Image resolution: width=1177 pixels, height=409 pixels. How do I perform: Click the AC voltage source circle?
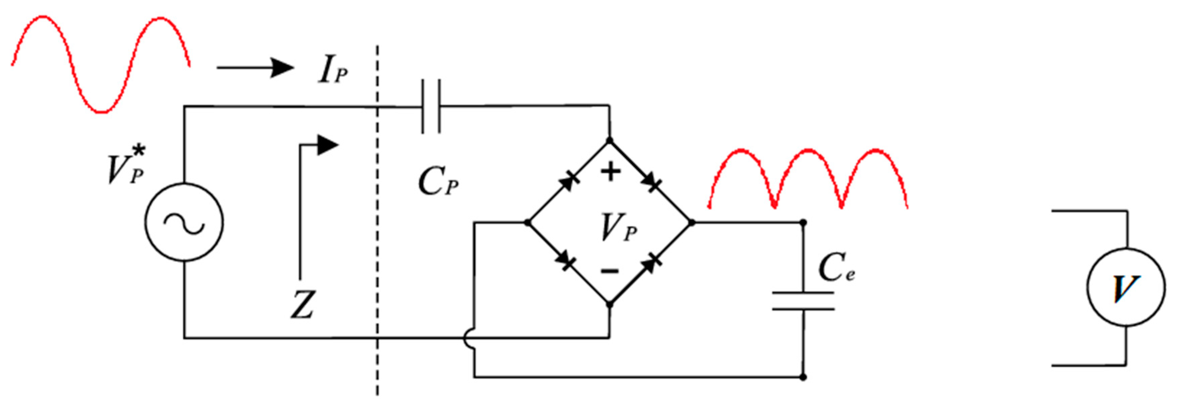(x=184, y=222)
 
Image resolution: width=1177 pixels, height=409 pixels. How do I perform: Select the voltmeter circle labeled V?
(x=1126, y=287)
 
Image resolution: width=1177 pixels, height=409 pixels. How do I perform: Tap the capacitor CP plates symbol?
(x=431, y=106)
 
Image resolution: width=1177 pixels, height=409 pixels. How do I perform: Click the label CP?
(x=438, y=181)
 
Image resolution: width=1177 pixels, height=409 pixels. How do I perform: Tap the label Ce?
(x=836, y=268)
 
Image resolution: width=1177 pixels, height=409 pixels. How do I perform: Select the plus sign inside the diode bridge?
(x=610, y=172)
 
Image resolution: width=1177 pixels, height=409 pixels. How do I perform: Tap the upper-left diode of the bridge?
(x=568, y=182)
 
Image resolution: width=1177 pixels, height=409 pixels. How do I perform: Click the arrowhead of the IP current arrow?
(x=281, y=68)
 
